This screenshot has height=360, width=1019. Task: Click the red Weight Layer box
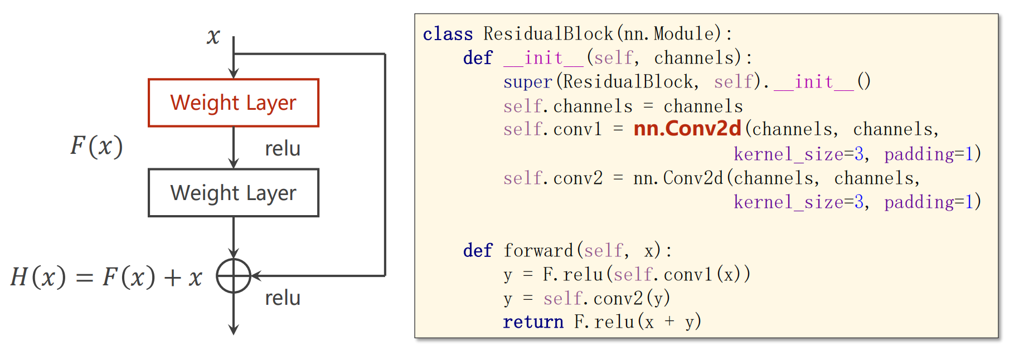pyautogui.click(x=233, y=103)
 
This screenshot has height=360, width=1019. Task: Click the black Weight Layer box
pyautogui.click(x=233, y=193)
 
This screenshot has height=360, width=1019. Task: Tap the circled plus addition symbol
pyautogui.click(x=234, y=276)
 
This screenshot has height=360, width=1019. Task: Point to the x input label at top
pyautogui.click(x=213, y=37)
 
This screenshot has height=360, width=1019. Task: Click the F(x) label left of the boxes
pyautogui.click(x=96, y=146)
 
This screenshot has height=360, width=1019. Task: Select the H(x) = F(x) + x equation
pyautogui.click(x=106, y=277)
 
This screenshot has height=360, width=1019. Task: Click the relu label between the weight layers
pyautogui.click(x=283, y=149)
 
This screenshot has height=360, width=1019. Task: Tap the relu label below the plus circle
pyautogui.click(x=283, y=298)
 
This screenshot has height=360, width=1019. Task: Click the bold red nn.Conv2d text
pyautogui.click(x=687, y=129)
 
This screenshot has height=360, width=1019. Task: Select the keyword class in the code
pyautogui.click(x=448, y=34)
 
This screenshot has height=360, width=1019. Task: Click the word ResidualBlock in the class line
pyautogui.click(x=548, y=34)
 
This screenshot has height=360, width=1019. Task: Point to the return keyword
pyautogui.click(x=533, y=322)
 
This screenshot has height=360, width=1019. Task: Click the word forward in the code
pyautogui.click(x=538, y=251)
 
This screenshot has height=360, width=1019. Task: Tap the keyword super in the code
pyautogui.click(x=527, y=82)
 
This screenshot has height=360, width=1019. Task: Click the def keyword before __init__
pyautogui.click(x=478, y=58)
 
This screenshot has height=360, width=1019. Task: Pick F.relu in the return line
pyautogui.click(x=604, y=322)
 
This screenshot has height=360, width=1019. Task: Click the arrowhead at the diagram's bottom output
pyautogui.click(x=234, y=329)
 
